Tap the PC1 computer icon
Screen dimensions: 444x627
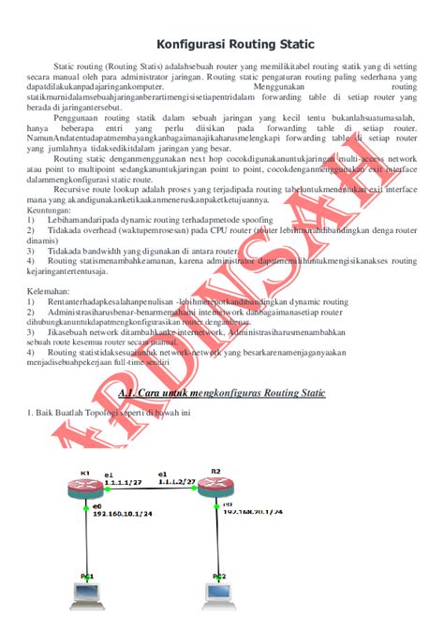[86, 591]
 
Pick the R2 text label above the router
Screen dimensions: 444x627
[215, 470]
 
